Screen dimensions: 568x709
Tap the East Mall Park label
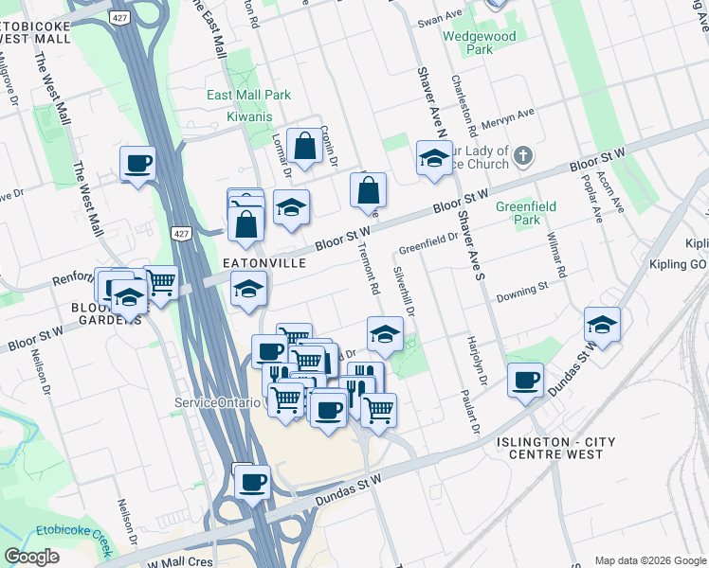pyautogui.click(x=249, y=96)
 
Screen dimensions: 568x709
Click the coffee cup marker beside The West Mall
pyautogui.click(x=138, y=163)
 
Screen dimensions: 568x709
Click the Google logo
pyautogui.click(x=32, y=557)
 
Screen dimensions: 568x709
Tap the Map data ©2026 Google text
pyautogui.click(x=649, y=559)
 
